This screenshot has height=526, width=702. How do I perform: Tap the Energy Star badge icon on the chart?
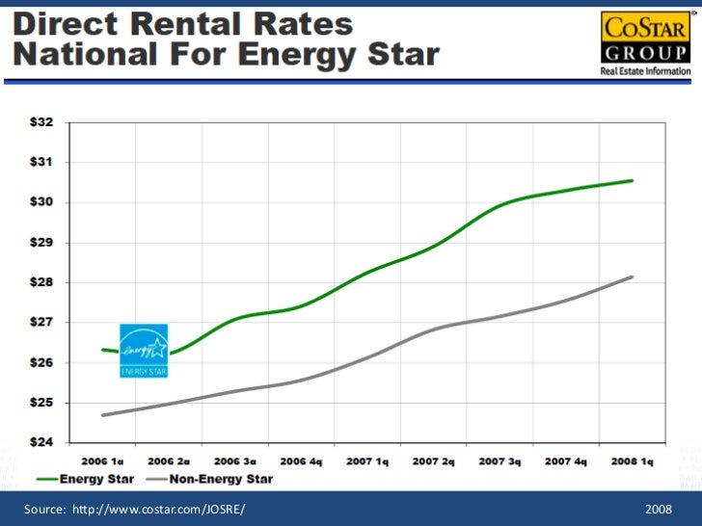pos(144,351)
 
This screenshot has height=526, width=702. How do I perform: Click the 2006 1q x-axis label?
pos(102,461)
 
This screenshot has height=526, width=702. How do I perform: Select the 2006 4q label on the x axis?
pos(302,461)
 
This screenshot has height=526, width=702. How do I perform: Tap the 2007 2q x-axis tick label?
pos(434,461)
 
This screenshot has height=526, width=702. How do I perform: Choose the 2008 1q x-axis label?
pos(632,461)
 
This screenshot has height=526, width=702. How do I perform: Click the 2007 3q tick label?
pos(499,461)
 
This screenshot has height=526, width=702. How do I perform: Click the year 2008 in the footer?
pos(659,508)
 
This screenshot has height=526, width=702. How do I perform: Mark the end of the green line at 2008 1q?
pos(632,181)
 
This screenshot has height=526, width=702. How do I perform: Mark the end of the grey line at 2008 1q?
pos(633,276)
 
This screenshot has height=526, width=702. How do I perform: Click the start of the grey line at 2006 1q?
pos(102,415)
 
